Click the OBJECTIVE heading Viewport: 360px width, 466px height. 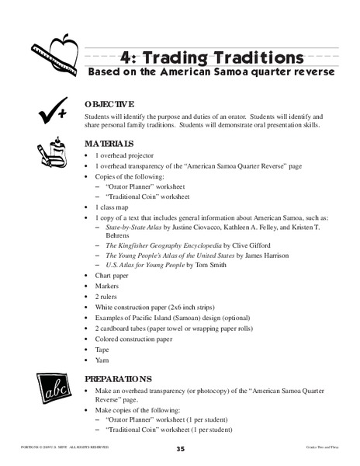(109, 104)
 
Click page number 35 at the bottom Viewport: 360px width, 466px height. (179, 448)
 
